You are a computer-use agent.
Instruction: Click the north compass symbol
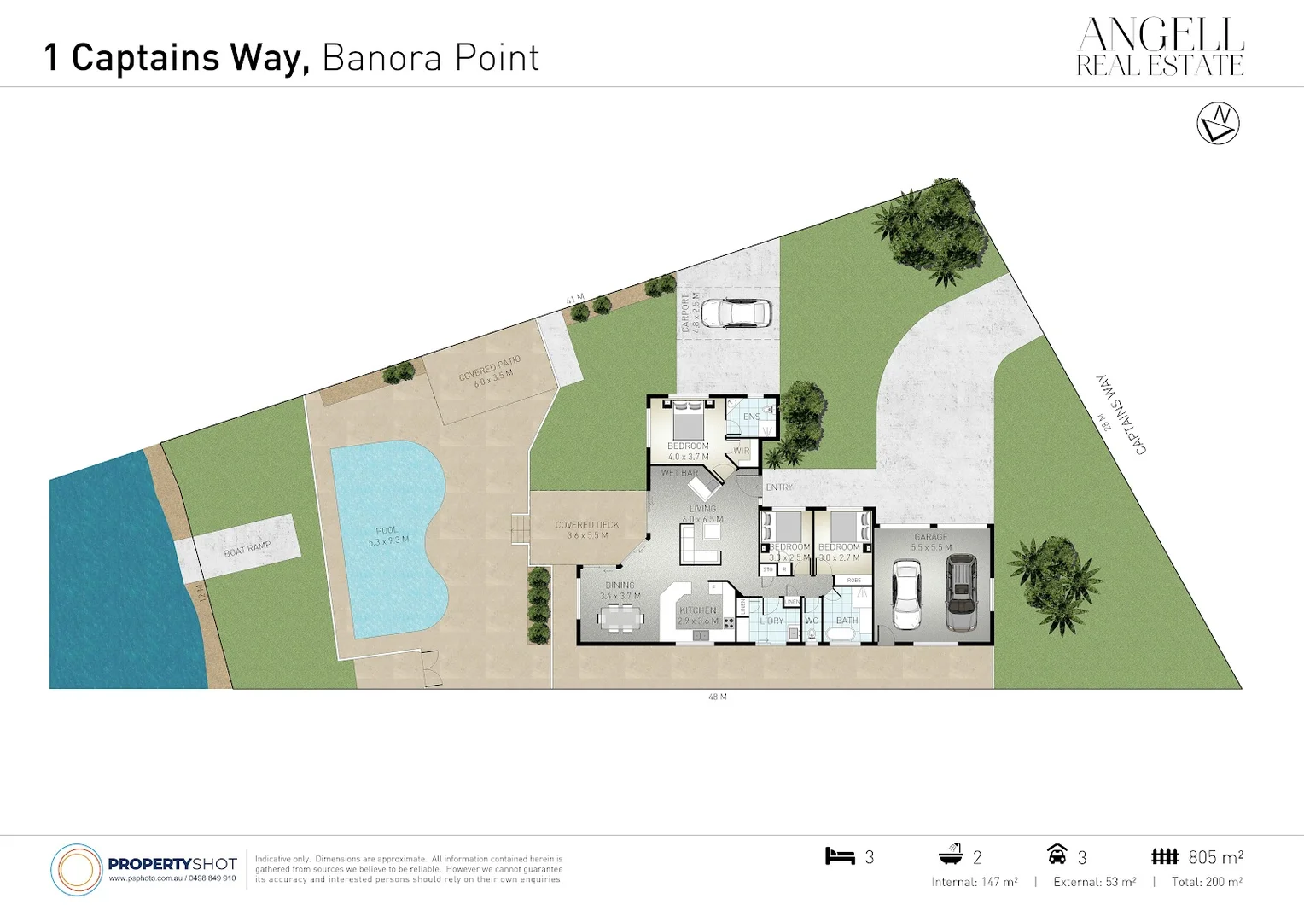(1218, 124)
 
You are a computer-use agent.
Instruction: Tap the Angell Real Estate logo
(1160, 48)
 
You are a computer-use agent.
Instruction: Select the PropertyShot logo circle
(77, 869)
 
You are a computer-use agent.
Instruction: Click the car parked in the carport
(745, 312)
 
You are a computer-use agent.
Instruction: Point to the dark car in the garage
(962, 593)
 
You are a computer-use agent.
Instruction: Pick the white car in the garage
(906, 595)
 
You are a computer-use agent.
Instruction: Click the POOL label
(387, 531)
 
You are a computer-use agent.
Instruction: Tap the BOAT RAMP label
(247, 548)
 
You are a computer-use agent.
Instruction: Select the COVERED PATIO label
(489, 370)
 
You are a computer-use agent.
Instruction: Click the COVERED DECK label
(586, 525)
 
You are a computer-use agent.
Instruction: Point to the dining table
(620, 617)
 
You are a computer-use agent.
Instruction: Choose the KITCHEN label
(698, 610)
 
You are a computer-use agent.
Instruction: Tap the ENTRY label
(779, 487)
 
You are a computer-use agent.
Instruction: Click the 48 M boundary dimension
(718, 697)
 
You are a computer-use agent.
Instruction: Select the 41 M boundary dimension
(575, 299)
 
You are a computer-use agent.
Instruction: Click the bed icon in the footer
(840, 856)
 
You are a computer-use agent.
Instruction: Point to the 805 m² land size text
(1215, 857)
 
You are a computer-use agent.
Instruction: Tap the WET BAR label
(679, 473)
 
